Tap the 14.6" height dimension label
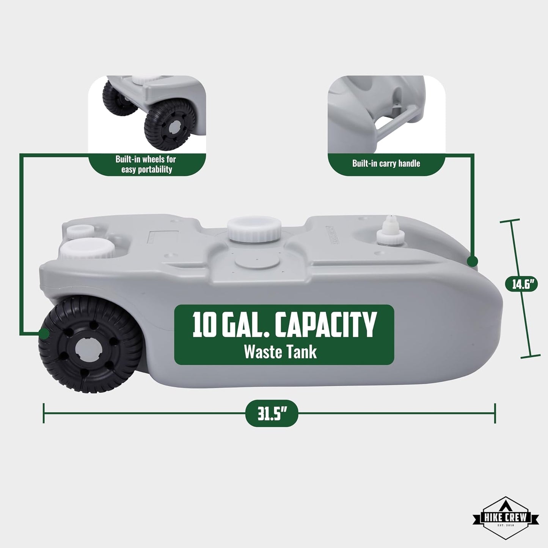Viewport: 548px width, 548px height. pyautogui.click(x=521, y=285)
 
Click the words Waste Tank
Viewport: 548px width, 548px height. pyautogui.click(x=280, y=352)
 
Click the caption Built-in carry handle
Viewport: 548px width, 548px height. pyautogui.click(x=386, y=163)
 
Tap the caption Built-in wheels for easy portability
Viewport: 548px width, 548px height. pyautogui.click(x=146, y=164)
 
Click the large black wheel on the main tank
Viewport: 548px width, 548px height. pyautogui.click(x=90, y=344)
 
